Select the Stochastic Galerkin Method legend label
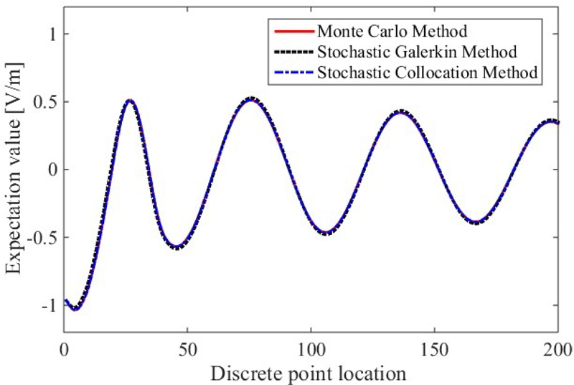point(417,52)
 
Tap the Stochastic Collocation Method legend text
point(428,73)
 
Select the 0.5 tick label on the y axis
point(44,102)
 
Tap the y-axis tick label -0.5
point(42,238)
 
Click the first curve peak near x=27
point(129,101)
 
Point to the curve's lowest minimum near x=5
point(75,309)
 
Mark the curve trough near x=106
point(326,233)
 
